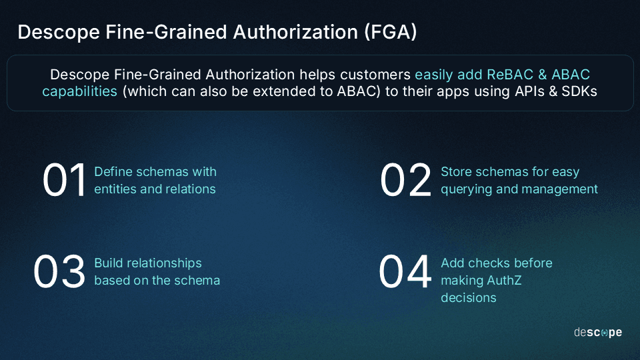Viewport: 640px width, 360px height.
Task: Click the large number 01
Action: (x=65, y=181)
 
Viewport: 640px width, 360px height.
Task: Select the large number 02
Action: (x=406, y=181)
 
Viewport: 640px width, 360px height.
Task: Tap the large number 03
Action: (x=60, y=272)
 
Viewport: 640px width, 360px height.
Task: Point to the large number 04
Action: (x=405, y=272)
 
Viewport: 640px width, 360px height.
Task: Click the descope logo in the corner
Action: (x=597, y=332)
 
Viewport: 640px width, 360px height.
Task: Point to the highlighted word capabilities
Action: (x=79, y=91)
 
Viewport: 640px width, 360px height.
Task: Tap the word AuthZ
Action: (x=500, y=280)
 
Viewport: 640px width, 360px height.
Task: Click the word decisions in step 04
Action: (x=468, y=297)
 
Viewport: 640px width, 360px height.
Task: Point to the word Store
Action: (x=457, y=171)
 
